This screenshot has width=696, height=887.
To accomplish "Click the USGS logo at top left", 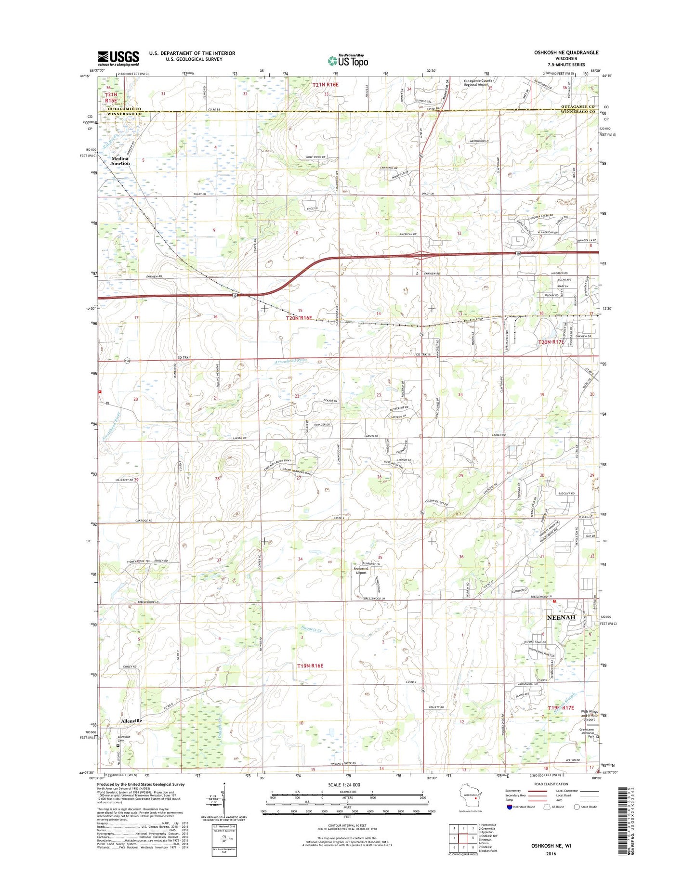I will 118,58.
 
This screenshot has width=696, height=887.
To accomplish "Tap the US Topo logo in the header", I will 348,61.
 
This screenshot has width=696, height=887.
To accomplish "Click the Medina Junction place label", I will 120,161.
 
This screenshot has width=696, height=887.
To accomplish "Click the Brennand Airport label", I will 361,570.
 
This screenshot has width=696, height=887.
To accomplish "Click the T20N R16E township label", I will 299,318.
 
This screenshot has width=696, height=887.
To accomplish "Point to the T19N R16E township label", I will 310,665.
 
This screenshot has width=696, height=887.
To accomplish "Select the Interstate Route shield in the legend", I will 510,807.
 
